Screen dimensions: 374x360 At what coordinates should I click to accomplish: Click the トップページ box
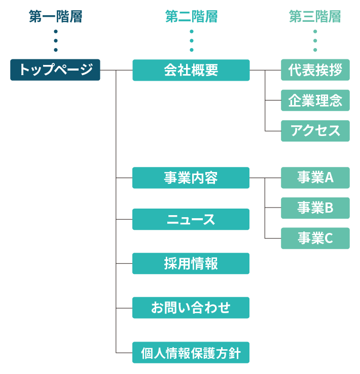tap(55, 70)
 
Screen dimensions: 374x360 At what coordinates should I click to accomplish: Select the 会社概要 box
tap(191, 70)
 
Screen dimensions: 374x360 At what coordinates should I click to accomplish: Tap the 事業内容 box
tap(191, 178)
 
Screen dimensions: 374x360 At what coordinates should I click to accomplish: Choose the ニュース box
tap(191, 219)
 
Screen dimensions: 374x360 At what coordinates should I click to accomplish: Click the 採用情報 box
tap(191, 263)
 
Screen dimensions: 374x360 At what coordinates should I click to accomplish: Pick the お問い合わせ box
tap(191, 308)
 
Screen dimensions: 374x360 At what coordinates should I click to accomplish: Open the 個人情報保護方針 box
tap(191, 352)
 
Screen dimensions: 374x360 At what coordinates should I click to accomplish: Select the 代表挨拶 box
tap(315, 70)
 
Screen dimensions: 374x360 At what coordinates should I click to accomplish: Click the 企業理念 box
tap(315, 100)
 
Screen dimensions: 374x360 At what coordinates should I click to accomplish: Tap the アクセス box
tap(315, 131)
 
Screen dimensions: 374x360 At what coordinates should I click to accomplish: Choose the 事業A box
tap(315, 178)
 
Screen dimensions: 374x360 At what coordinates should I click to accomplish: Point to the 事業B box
tap(315, 208)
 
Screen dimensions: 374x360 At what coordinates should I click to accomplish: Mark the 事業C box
tap(315, 239)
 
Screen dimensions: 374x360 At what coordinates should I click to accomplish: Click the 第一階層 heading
tap(55, 17)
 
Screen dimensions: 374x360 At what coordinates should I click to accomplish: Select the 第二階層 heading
tap(191, 17)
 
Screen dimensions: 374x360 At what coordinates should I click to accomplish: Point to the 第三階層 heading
tap(315, 17)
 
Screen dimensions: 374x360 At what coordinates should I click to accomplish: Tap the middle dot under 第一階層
tap(55, 41)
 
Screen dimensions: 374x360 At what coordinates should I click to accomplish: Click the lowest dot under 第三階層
tap(315, 50)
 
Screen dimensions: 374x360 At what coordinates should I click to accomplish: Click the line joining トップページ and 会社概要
tap(116, 70)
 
